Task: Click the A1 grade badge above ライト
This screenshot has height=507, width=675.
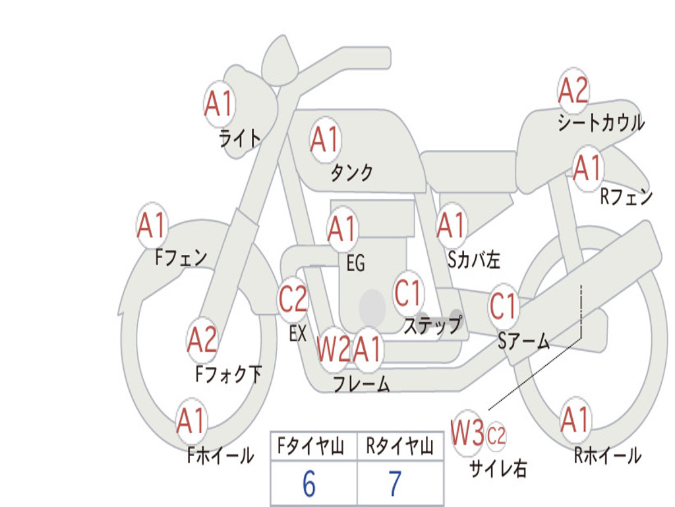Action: (219, 104)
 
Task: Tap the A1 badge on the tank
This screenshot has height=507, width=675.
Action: (325, 139)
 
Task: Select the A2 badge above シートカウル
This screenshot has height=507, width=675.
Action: (573, 90)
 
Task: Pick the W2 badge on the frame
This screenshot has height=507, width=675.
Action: (334, 349)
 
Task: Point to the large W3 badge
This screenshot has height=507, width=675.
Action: (467, 432)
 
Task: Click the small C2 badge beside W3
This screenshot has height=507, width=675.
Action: (496, 436)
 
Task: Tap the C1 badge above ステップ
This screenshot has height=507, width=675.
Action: (407, 293)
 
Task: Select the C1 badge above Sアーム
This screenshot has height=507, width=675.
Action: (502, 306)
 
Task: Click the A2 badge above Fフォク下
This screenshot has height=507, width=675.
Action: (202, 340)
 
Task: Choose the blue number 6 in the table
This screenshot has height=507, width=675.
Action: (309, 484)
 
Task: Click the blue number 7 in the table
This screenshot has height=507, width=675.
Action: (396, 484)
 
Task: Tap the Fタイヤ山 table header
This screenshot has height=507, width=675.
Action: (311, 446)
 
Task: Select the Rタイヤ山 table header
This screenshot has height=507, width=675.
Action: (399, 446)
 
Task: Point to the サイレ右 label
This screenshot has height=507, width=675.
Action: (498, 469)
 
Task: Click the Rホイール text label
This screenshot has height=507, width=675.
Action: (608, 455)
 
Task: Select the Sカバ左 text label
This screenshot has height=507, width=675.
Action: (474, 260)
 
